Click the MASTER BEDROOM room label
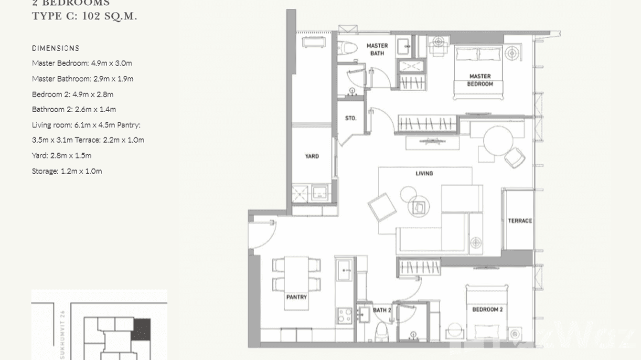click(480, 80)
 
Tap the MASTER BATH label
click(377, 49)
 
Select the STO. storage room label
click(351, 118)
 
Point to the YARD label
click(312, 156)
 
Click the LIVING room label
click(424, 173)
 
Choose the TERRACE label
click(520, 221)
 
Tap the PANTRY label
click(296, 297)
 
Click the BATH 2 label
click(382, 310)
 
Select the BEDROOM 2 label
click(487, 309)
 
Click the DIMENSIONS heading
click(55, 48)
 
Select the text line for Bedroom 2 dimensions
click(73, 94)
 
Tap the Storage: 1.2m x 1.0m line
click(67, 171)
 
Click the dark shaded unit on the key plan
click(141, 329)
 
